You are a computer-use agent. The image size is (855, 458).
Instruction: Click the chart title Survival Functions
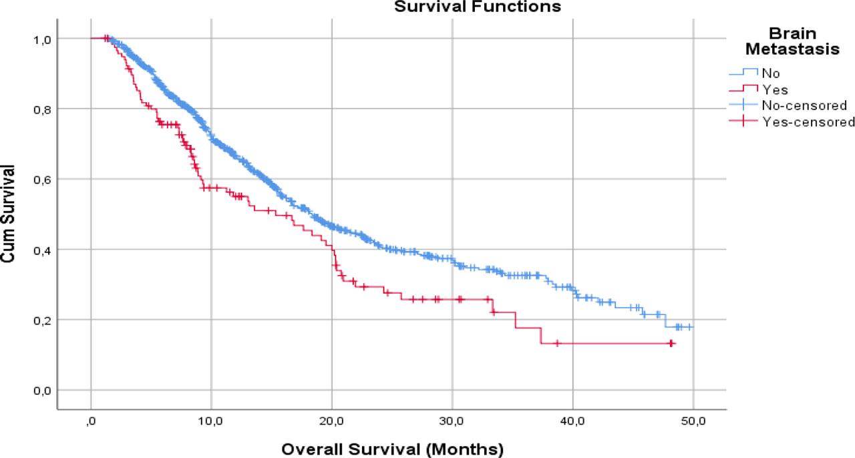tap(476, 7)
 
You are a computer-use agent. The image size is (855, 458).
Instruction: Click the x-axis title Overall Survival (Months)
tap(392, 448)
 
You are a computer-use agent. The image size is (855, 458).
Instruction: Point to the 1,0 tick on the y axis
tap(41, 39)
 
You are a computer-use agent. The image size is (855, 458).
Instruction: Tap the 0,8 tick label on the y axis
tap(41, 109)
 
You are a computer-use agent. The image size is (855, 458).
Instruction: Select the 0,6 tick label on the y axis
tap(41, 180)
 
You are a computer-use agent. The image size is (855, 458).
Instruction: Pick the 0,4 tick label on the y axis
tap(41, 250)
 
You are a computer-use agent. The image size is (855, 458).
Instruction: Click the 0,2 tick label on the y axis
tap(41, 320)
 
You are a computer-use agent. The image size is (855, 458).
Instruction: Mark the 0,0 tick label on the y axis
tap(41, 391)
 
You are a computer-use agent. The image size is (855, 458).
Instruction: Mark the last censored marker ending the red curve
tap(672, 343)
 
